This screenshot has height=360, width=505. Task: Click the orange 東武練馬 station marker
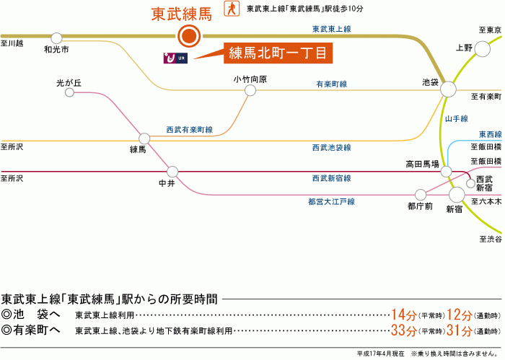pyautogui.click(x=189, y=35)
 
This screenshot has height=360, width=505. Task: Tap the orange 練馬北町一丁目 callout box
pyautogui.click(x=278, y=53)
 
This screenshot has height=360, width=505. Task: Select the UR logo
pyautogui.click(x=175, y=57)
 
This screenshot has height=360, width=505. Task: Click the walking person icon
pyautogui.click(x=232, y=9)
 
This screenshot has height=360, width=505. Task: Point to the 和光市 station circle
pyautogui.click(x=56, y=38)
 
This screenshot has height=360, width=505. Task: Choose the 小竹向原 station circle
pyautogui.click(x=250, y=90)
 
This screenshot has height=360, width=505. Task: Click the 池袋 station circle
pyautogui.click(x=448, y=89)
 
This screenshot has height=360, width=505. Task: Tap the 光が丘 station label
pyautogui.click(x=69, y=83)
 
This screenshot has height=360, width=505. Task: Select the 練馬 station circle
pyautogui.click(x=144, y=138)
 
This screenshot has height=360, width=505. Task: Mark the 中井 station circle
pyautogui.click(x=172, y=172)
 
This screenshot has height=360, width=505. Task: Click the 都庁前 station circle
pyautogui.click(x=421, y=194)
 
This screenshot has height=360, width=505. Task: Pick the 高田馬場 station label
pyautogui.click(x=422, y=164)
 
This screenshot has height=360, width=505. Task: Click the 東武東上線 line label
pyautogui.click(x=331, y=29)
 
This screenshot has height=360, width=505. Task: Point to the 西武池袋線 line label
pyautogui.click(x=331, y=147)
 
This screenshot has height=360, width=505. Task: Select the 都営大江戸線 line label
pyautogui.click(x=331, y=202)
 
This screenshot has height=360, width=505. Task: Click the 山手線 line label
pyautogui.click(x=457, y=118)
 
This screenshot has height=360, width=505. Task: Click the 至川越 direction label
pyautogui.click(x=12, y=43)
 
